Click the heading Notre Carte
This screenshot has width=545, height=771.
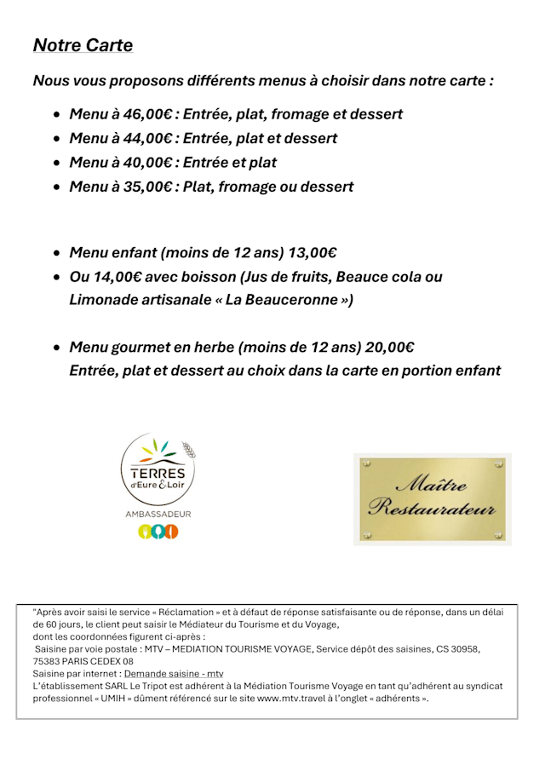pyautogui.click(x=83, y=45)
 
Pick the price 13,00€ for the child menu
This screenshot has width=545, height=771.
pyautogui.click(x=313, y=252)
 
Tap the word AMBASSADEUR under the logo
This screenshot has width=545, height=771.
pyautogui.click(x=158, y=514)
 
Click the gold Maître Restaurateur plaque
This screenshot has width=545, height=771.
pyautogui.click(x=432, y=498)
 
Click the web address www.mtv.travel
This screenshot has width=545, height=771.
pyautogui.click(x=295, y=699)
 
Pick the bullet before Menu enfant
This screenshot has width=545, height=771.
pyautogui.click(x=56, y=253)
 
